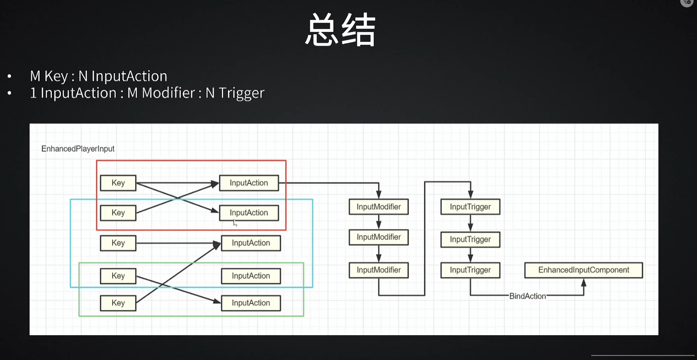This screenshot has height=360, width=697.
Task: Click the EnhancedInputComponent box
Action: tap(583, 270)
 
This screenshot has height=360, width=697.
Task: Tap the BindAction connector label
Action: tap(527, 296)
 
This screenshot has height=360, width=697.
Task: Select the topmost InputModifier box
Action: tap(379, 207)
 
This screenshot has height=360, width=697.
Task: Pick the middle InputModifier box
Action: tap(379, 237)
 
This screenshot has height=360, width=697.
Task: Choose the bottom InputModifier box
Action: tap(379, 270)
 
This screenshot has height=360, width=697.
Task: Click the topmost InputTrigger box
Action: tap(470, 207)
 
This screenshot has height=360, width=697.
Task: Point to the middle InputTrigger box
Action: tap(470, 239)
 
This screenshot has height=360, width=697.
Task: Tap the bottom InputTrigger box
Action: tap(470, 270)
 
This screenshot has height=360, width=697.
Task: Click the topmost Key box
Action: tap(118, 183)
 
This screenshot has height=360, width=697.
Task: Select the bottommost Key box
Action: tap(118, 303)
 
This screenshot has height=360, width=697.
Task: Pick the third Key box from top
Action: tap(118, 243)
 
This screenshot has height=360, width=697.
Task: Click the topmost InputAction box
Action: tap(248, 183)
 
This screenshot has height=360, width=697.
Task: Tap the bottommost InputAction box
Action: tap(251, 303)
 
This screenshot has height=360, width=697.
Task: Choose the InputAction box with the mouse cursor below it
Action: tap(248, 213)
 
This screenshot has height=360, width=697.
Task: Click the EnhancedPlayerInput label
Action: tap(78, 149)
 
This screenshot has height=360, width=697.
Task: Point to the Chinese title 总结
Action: tap(341, 30)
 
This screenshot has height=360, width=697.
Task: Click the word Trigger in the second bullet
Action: tap(242, 93)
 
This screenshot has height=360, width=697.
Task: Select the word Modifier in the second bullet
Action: tap(168, 93)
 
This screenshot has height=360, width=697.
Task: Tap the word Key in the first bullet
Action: tap(56, 76)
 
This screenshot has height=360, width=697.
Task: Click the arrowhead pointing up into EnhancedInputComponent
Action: tap(583, 282)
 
